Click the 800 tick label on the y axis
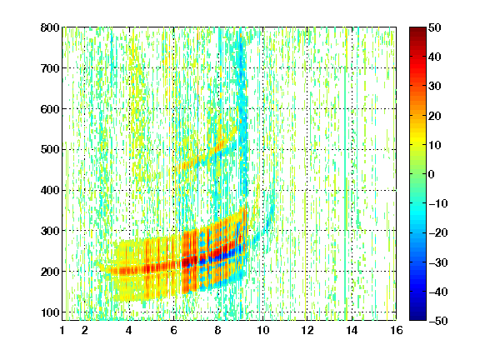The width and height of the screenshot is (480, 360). [50, 27]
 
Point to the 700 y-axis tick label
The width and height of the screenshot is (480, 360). [50, 68]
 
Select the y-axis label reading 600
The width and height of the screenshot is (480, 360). [50, 109]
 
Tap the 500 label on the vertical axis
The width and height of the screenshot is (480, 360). [50, 150]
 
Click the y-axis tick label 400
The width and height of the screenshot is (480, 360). [50, 190]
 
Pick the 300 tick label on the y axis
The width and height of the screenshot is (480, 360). [50, 231]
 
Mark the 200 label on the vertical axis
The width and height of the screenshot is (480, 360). [50, 272]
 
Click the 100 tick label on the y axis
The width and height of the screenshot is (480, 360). [50, 312]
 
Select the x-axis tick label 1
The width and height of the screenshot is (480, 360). [62, 330]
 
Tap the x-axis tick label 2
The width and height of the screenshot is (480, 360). [85, 330]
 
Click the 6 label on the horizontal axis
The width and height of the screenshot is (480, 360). [174, 330]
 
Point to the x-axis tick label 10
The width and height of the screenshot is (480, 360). [263, 330]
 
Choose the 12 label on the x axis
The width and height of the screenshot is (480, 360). [307, 330]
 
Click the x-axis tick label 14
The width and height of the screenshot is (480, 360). [352, 330]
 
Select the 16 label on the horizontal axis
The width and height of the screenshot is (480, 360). [397, 330]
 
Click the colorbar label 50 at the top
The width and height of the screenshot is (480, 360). [435, 27]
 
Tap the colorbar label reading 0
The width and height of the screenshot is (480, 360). [432, 174]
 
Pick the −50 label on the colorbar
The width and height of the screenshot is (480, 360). [438, 321]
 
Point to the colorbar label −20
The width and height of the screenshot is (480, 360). [438, 232]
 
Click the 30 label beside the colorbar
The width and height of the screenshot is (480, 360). [435, 86]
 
